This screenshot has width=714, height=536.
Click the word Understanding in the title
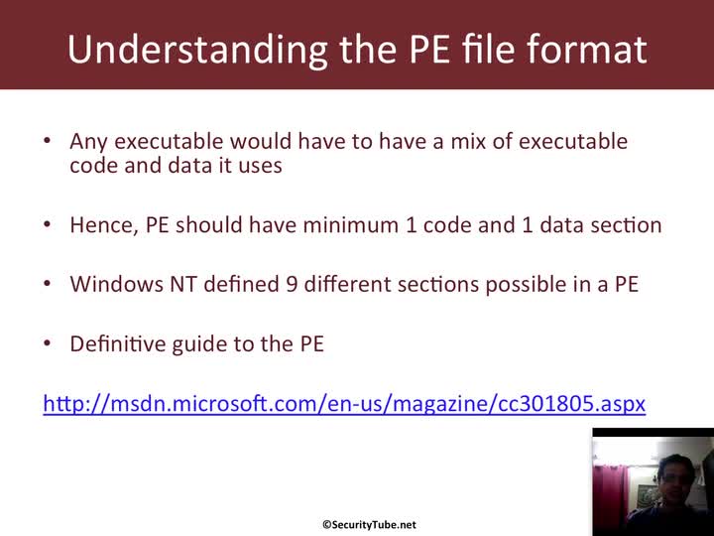pyautogui.click(x=197, y=50)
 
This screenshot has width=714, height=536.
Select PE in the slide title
pyautogui.click(x=429, y=49)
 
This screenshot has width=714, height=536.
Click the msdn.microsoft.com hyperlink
pyautogui.click(x=344, y=404)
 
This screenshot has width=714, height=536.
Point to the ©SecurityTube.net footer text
pyautogui.click(x=369, y=525)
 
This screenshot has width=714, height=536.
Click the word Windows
pyautogui.click(x=117, y=284)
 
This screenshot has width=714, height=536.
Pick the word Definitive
pyautogui.click(x=117, y=343)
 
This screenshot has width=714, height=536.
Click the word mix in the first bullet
pyautogui.click(x=468, y=141)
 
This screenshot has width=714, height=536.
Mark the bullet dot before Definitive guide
pyautogui.click(x=48, y=342)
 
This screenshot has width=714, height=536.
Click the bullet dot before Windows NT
pyautogui.click(x=48, y=283)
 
